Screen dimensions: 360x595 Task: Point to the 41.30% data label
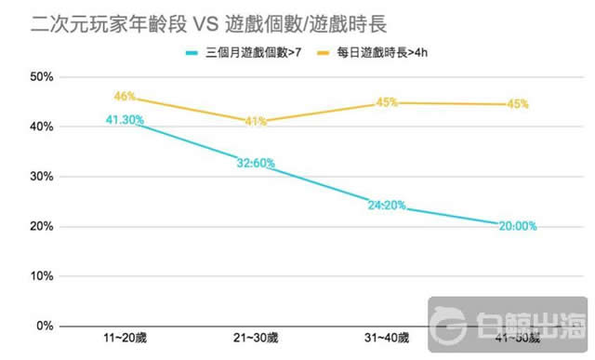coord(125,119)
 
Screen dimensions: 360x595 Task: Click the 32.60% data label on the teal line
coord(256,163)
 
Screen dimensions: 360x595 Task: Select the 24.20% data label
coord(387,206)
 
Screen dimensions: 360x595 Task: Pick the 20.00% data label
coord(518,226)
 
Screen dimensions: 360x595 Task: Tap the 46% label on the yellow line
coord(126,96)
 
